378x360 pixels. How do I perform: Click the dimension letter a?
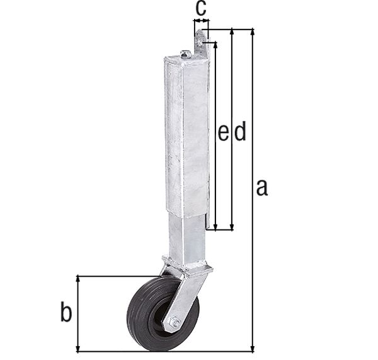262,187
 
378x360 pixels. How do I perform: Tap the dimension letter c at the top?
200,8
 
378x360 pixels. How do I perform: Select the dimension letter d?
239,132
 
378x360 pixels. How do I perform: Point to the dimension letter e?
223,132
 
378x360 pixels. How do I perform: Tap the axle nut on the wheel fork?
175,323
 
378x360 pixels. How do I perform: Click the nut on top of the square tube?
185,54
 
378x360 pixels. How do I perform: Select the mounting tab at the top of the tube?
201,43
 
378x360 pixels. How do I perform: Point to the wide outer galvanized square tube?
186,132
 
